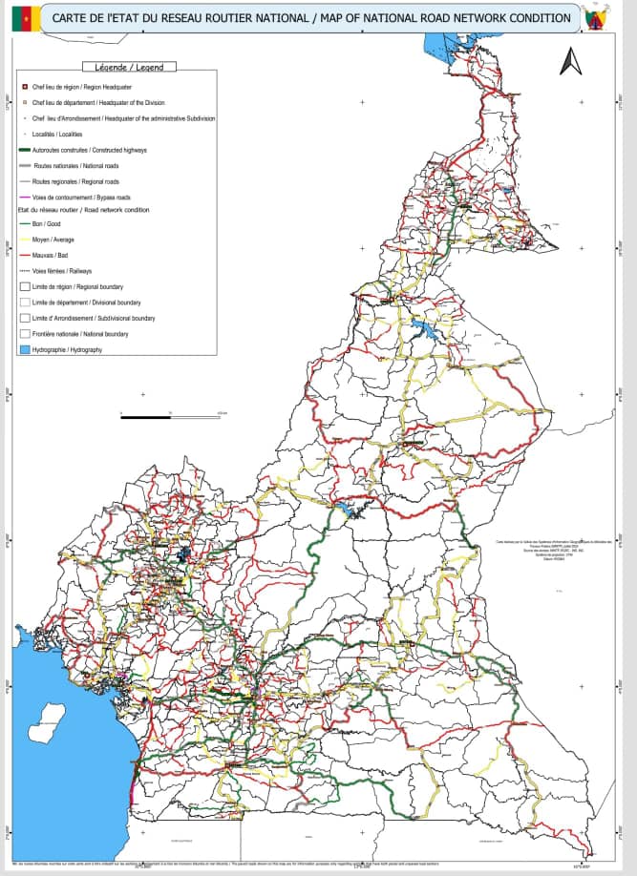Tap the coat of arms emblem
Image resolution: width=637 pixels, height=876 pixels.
click(x=605, y=18)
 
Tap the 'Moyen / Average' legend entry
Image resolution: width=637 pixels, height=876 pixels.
click(x=53, y=240)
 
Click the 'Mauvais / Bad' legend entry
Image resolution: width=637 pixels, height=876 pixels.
click(x=52, y=256)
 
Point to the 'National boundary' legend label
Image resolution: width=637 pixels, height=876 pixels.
click(x=80, y=334)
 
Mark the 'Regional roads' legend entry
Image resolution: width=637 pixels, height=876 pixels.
click(x=75, y=180)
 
